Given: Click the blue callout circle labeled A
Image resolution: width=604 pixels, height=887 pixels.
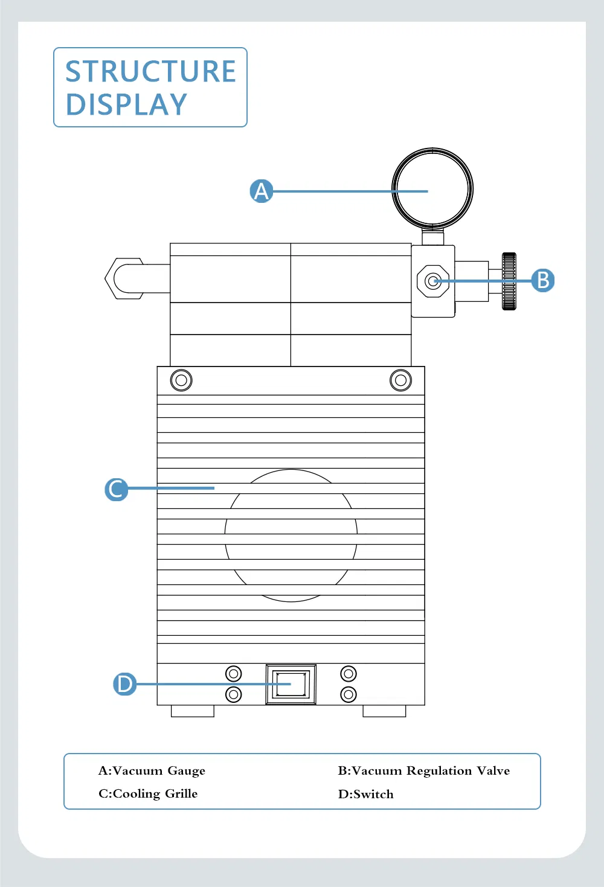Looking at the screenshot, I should (x=262, y=191).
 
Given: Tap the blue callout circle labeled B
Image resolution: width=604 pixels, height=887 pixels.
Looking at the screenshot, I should (x=542, y=280).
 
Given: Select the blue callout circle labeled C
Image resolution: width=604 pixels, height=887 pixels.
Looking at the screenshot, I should (x=116, y=488).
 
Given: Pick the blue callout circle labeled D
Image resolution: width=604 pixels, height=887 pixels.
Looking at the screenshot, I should (x=125, y=684).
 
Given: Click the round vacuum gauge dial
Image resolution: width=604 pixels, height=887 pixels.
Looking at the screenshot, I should (x=432, y=188).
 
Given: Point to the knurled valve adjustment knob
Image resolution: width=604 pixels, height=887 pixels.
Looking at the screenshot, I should (x=509, y=281).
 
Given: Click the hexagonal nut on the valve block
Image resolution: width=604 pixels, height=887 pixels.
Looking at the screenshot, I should (x=432, y=281).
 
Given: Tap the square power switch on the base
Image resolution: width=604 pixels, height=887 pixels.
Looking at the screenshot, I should (x=291, y=684).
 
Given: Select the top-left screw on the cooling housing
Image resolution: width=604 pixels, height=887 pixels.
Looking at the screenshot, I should (x=181, y=380).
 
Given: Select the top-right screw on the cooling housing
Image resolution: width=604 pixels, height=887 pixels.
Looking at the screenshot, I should (x=400, y=380).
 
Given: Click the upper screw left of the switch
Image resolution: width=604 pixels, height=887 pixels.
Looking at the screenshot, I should (x=234, y=673).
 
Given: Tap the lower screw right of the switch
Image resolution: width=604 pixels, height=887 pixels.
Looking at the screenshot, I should (x=349, y=694).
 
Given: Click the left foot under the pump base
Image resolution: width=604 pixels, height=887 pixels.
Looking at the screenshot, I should (x=193, y=711).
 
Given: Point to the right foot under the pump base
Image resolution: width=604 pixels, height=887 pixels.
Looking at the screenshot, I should (x=384, y=711).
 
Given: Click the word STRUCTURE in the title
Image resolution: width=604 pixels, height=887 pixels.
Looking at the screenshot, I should (x=150, y=72).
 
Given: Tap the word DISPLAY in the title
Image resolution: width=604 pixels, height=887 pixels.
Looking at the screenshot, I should (x=126, y=105).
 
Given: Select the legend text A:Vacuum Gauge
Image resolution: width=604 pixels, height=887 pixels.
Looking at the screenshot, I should (x=152, y=770).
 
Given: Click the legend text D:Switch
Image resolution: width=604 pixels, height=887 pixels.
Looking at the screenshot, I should (x=365, y=794).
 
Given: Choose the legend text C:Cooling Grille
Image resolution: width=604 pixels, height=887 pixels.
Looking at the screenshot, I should (x=148, y=793).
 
